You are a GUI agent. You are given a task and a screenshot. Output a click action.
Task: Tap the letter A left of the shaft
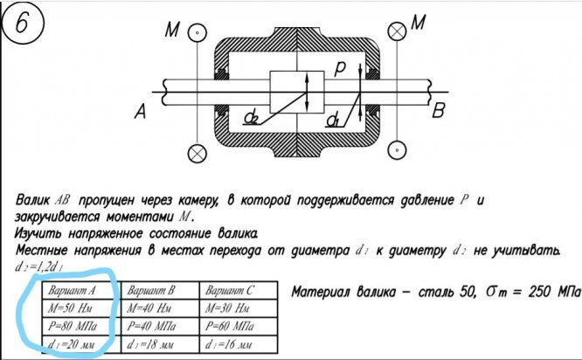(140, 111)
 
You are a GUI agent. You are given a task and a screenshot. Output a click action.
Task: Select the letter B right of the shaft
(439, 110)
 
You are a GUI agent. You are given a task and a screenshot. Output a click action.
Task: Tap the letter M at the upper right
(418, 24)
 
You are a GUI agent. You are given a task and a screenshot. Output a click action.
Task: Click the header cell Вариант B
(153, 290)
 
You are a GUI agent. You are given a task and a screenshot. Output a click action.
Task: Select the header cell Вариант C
(230, 290)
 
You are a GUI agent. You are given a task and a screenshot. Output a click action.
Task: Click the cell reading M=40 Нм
(153, 308)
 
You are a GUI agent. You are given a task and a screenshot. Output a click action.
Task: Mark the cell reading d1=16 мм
(230, 344)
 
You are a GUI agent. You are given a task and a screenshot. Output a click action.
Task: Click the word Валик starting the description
(33, 200)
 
